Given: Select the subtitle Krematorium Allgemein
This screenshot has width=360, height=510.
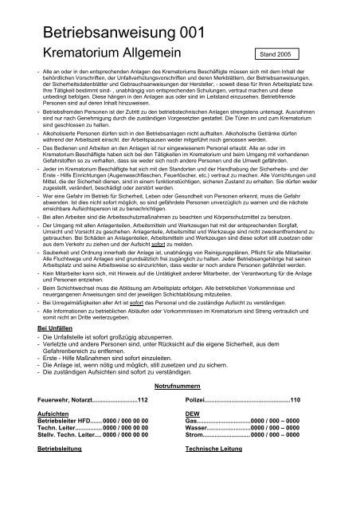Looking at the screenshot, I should tap(105, 54).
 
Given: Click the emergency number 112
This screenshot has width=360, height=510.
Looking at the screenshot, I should tap(143, 422).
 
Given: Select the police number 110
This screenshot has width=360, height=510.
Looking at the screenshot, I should tap(296, 422).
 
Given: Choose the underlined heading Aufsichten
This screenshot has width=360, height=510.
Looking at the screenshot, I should tap(45, 437).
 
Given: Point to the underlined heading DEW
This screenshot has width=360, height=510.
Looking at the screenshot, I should tap(192, 437).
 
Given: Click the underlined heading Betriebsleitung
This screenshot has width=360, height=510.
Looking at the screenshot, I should tap(52, 483).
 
